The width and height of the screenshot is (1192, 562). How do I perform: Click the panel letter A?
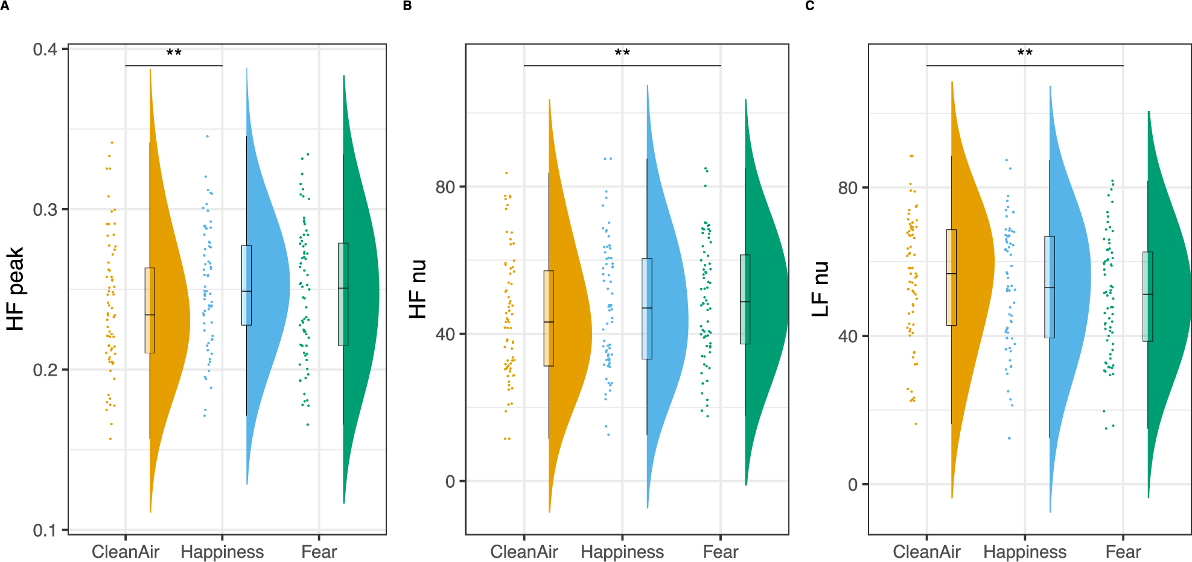click(4, 5)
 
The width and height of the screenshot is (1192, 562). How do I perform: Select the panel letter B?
click(407, 5)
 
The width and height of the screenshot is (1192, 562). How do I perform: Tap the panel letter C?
click(809, 5)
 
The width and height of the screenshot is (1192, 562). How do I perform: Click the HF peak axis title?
click(16, 289)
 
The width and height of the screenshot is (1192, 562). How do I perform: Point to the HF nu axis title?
click(418, 289)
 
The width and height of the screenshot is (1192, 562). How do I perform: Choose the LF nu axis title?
click(820, 289)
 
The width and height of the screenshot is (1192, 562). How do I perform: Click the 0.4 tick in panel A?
click(45, 49)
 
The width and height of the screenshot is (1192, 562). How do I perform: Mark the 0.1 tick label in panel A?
click(45, 530)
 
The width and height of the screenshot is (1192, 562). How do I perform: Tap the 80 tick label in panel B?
click(445, 187)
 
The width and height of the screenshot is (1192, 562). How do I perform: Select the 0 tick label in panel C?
click(852, 484)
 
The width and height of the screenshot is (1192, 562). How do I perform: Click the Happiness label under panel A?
click(222, 552)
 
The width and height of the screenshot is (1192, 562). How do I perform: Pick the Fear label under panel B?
click(721, 552)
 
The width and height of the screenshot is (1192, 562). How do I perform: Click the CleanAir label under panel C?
click(926, 552)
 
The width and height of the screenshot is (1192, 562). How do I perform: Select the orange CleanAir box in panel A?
click(150, 310)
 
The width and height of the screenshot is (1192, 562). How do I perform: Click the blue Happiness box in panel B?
click(647, 309)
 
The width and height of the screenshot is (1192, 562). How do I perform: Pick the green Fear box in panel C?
click(1147, 297)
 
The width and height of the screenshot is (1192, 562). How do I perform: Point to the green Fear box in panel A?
click(343, 294)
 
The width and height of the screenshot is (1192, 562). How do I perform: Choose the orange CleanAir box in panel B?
click(549, 318)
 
